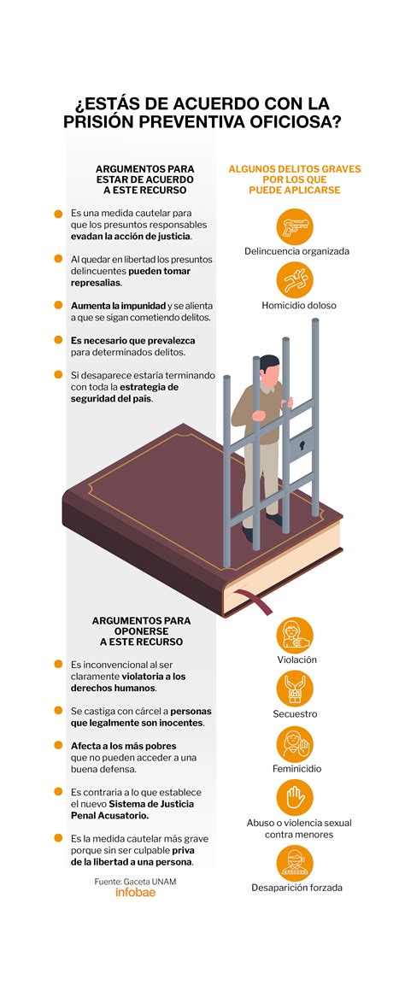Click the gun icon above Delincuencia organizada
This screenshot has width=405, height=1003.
295,226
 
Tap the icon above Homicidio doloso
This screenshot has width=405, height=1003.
295,280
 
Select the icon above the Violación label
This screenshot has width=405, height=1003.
295,635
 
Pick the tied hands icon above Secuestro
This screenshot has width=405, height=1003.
295,689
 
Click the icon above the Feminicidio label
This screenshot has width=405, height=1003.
295,744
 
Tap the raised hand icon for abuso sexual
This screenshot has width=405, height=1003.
295,798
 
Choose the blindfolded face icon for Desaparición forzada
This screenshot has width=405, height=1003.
295,863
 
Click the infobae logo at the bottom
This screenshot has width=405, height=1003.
135,892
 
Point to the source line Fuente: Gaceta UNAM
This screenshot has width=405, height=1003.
135,881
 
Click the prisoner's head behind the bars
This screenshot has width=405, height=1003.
269,368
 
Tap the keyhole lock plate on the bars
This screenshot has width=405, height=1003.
302,444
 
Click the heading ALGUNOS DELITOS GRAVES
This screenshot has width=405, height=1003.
295,169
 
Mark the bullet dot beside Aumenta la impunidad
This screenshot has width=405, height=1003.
58,305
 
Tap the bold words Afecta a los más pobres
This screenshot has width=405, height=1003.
124,746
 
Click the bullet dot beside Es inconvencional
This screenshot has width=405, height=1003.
58,664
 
